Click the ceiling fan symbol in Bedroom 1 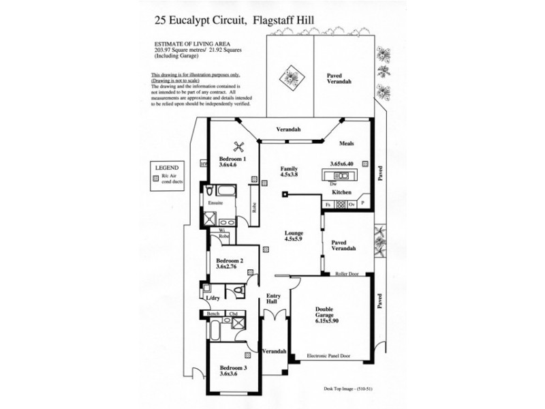pos(239,145)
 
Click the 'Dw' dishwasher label pos(332,185)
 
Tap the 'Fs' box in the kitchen pos(328,204)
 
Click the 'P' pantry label pos(363,204)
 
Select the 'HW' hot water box pos(203,164)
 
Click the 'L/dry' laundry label pos(212,297)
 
